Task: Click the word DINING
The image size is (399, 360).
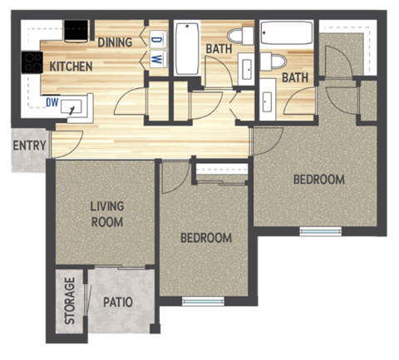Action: [x=116, y=42]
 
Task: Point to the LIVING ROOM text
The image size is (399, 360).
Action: [x=106, y=214]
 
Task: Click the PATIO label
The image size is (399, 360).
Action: [x=119, y=303]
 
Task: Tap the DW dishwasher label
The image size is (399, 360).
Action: [x=52, y=104]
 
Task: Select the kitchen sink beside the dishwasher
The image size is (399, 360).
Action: [x=76, y=106]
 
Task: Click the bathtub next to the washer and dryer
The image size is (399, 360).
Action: [x=185, y=50]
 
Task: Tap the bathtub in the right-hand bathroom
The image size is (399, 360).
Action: [x=286, y=34]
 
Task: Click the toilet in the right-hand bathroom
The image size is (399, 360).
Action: [x=273, y=62]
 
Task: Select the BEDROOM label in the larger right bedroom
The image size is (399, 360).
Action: [x=319, y=180]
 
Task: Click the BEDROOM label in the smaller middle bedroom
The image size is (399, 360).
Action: [x=206, y=238]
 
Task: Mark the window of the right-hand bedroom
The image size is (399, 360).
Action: [x=320, y=231]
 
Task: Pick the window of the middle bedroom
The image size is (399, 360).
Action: [x=203, y=301]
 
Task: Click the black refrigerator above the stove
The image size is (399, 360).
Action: [x=76, y=32]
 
